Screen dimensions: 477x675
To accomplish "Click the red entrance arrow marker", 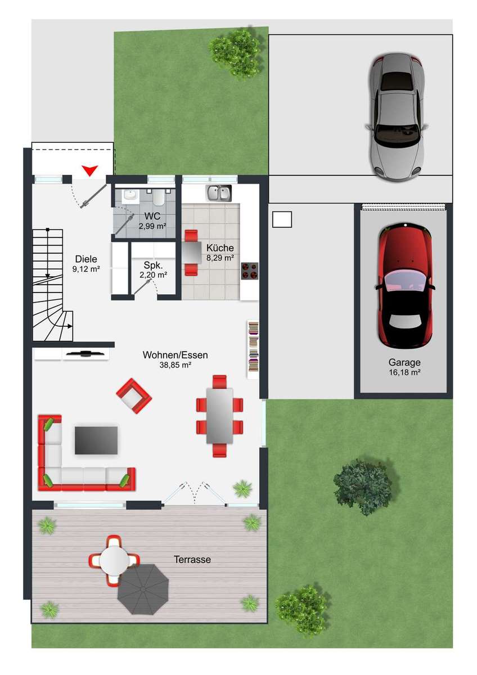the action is (91, 170).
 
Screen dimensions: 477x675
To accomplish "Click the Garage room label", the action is (404, 362).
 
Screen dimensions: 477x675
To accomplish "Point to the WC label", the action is (152, 216).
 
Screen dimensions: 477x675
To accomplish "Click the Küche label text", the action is (220, 248).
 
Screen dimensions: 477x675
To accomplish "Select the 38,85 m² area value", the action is (175, 365).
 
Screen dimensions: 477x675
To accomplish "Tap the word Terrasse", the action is (192, 560).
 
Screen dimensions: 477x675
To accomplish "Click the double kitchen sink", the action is (219, 193).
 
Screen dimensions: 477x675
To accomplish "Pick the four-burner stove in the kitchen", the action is (250, 271).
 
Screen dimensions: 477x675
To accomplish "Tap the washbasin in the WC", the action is (130, 195).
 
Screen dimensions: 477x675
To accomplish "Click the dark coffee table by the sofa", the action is (96, 440).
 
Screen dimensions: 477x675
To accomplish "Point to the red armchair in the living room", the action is (134, 396).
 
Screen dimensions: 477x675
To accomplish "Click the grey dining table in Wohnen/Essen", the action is (220, 416).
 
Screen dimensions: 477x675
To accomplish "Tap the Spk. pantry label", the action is (153, 265).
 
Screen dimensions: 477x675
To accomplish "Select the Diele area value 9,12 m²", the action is (86, 269).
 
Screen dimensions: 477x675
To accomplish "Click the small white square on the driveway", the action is (282, 219).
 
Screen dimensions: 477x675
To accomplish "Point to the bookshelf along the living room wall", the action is (253, 349).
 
